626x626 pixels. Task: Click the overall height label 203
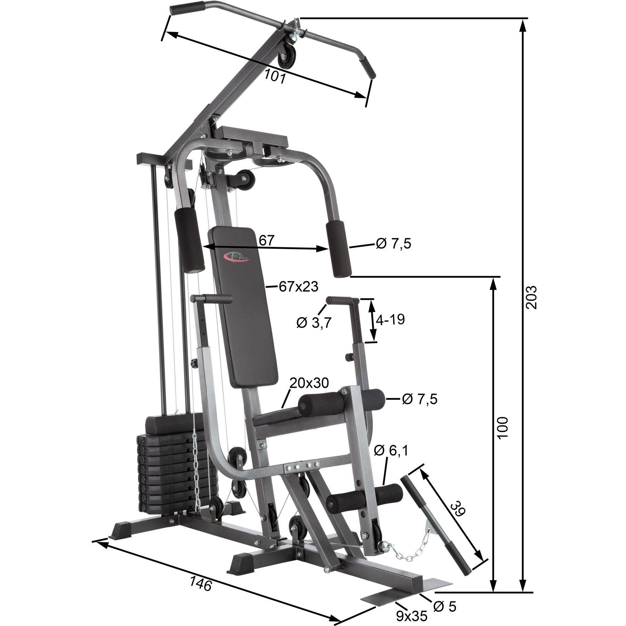(532, 297)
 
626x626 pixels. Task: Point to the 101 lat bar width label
(274, 76)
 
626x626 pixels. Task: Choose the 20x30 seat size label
(308, 383)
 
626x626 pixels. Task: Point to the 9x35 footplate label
(411, 616)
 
